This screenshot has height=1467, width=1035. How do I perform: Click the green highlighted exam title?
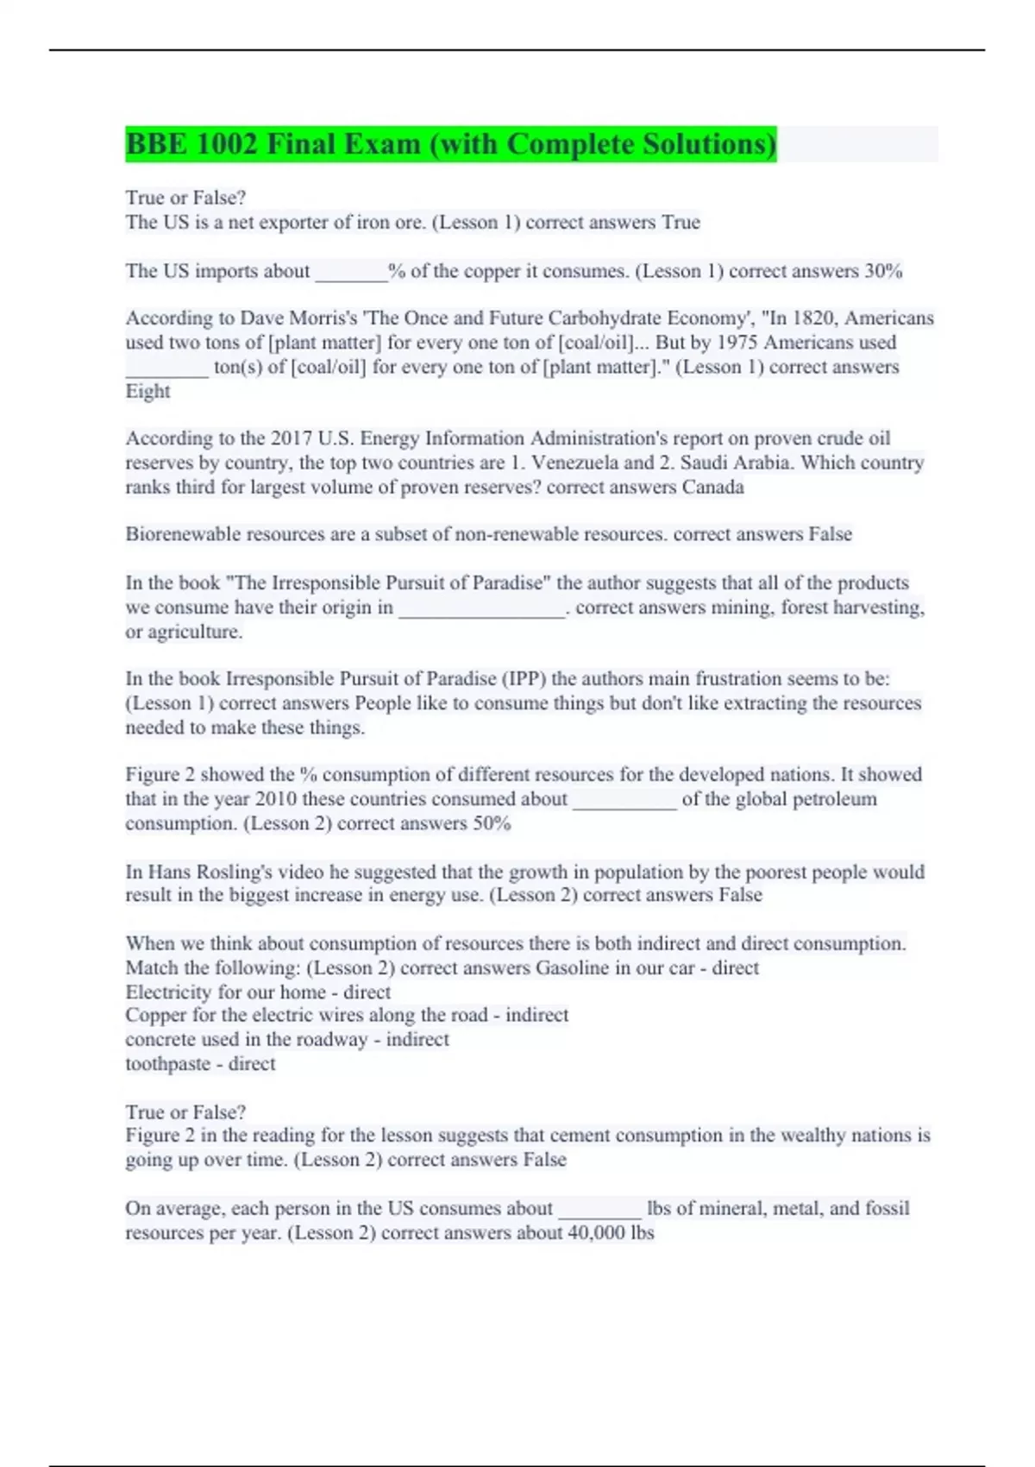450,144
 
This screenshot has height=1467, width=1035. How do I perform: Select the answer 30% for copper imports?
883,271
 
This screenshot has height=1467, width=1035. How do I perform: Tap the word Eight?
147,391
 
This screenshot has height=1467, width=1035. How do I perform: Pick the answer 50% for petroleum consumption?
492,823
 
